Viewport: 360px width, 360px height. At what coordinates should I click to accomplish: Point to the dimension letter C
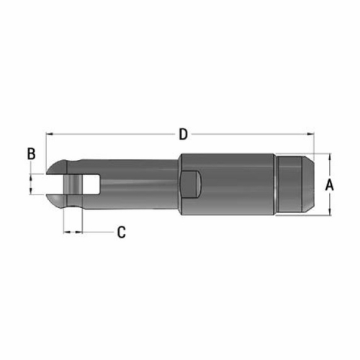tap(121, 232)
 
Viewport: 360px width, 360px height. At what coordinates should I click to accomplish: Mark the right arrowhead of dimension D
tap(312, 135)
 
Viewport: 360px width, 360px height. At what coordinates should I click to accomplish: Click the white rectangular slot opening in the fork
tap(90, 184)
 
